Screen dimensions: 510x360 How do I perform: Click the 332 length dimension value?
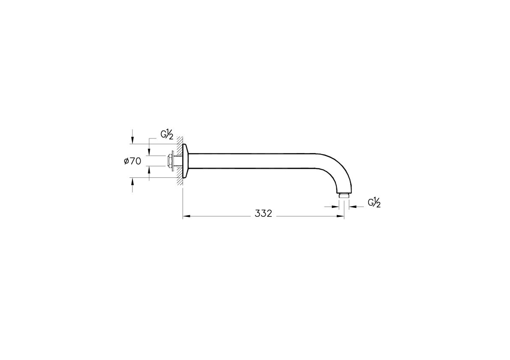(x=264, y=214)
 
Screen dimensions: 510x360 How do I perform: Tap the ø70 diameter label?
(x=132, y=161)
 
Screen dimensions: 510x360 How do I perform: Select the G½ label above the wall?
(x=167, y=135)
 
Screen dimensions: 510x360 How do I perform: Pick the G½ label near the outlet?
(x=375, y=203)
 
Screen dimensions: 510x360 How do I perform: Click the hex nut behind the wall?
(x=169, y=161)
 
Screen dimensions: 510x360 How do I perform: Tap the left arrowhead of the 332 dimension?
(x=186, y=216)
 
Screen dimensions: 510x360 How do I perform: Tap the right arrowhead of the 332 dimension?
(x=341, y=216)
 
